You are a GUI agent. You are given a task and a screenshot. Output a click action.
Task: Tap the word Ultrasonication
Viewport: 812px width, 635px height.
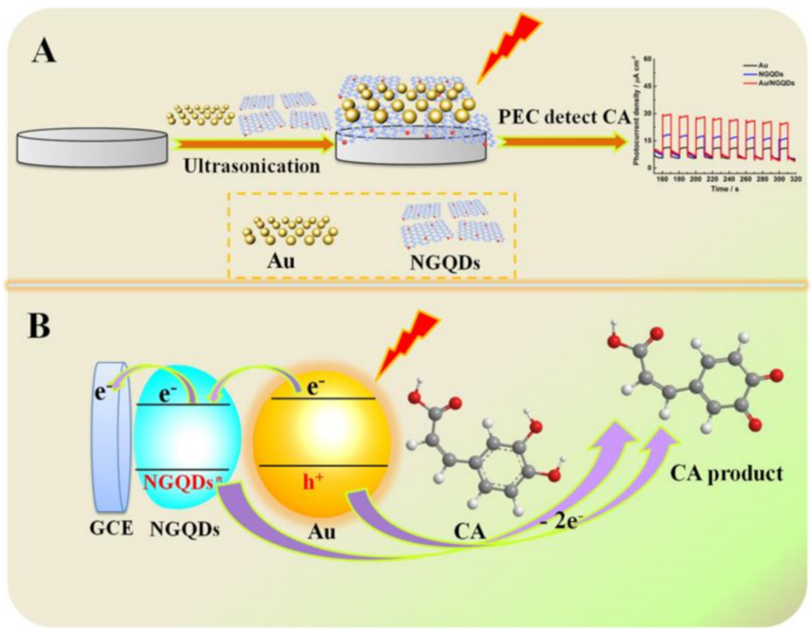click(x=252, y=166)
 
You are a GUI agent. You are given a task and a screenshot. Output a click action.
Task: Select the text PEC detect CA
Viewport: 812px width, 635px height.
click(x=564, y=118)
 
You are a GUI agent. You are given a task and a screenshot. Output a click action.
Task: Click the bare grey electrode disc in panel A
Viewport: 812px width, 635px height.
click(x=92, y=146)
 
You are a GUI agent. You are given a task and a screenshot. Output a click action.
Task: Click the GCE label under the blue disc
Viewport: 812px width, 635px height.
click(x=111, y=528)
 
